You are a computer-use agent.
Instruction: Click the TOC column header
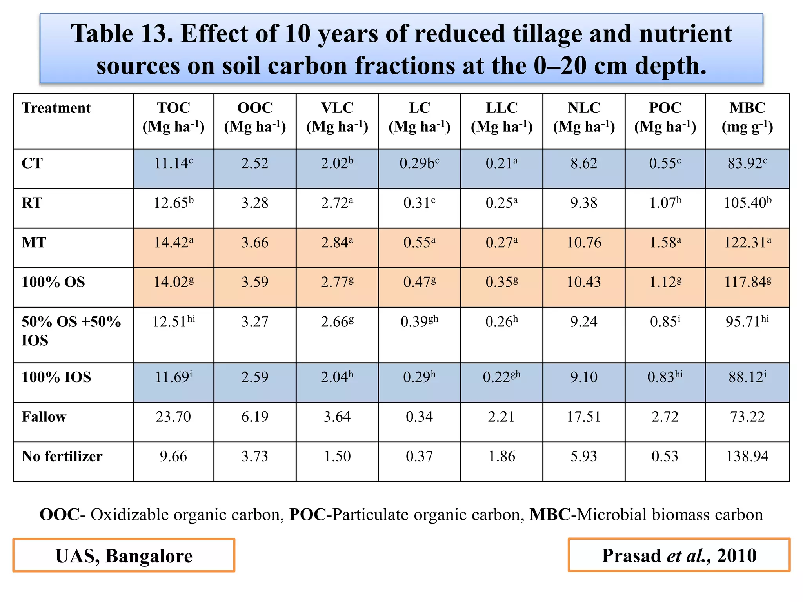173,117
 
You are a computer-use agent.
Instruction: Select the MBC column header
747,117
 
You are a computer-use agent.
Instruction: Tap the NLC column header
583,117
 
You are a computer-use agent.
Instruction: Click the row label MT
34,243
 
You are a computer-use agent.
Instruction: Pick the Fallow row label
44,417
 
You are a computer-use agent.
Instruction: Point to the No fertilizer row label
62,456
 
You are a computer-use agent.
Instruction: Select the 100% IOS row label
56,377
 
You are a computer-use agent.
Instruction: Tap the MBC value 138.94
747,456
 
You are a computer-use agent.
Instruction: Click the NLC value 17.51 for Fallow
583,417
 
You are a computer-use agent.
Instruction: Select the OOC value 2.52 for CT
255,163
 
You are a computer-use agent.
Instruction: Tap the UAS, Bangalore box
124,555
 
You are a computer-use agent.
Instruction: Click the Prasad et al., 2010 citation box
679,555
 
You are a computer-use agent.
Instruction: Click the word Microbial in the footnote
613,515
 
